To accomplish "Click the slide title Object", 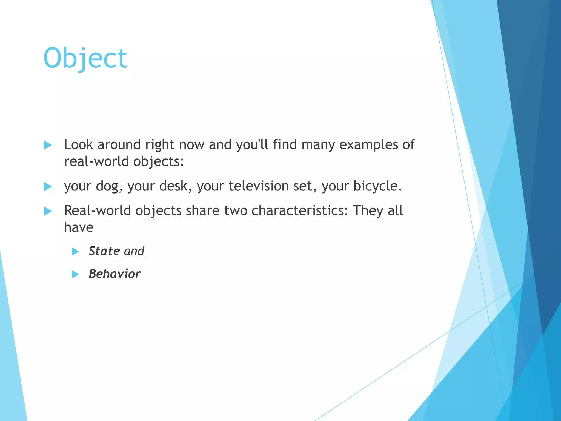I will pos(85,58).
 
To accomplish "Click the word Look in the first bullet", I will pos(79,144).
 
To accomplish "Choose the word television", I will pos(259,186).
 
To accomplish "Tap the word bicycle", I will pos(377,186).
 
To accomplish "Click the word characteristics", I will pos(299,211).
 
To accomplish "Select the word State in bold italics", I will pos(104,251).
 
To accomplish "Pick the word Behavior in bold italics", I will pos(115,274).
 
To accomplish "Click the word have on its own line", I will pos(79,227).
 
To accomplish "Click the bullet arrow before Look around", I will pos(48,145).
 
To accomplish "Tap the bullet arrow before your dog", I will pos(48,187).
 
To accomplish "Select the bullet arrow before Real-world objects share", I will pos(48,211).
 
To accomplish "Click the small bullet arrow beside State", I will pos(75,251).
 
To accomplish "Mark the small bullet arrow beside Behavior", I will pos(75,274).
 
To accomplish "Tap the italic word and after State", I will pos(134,251).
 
